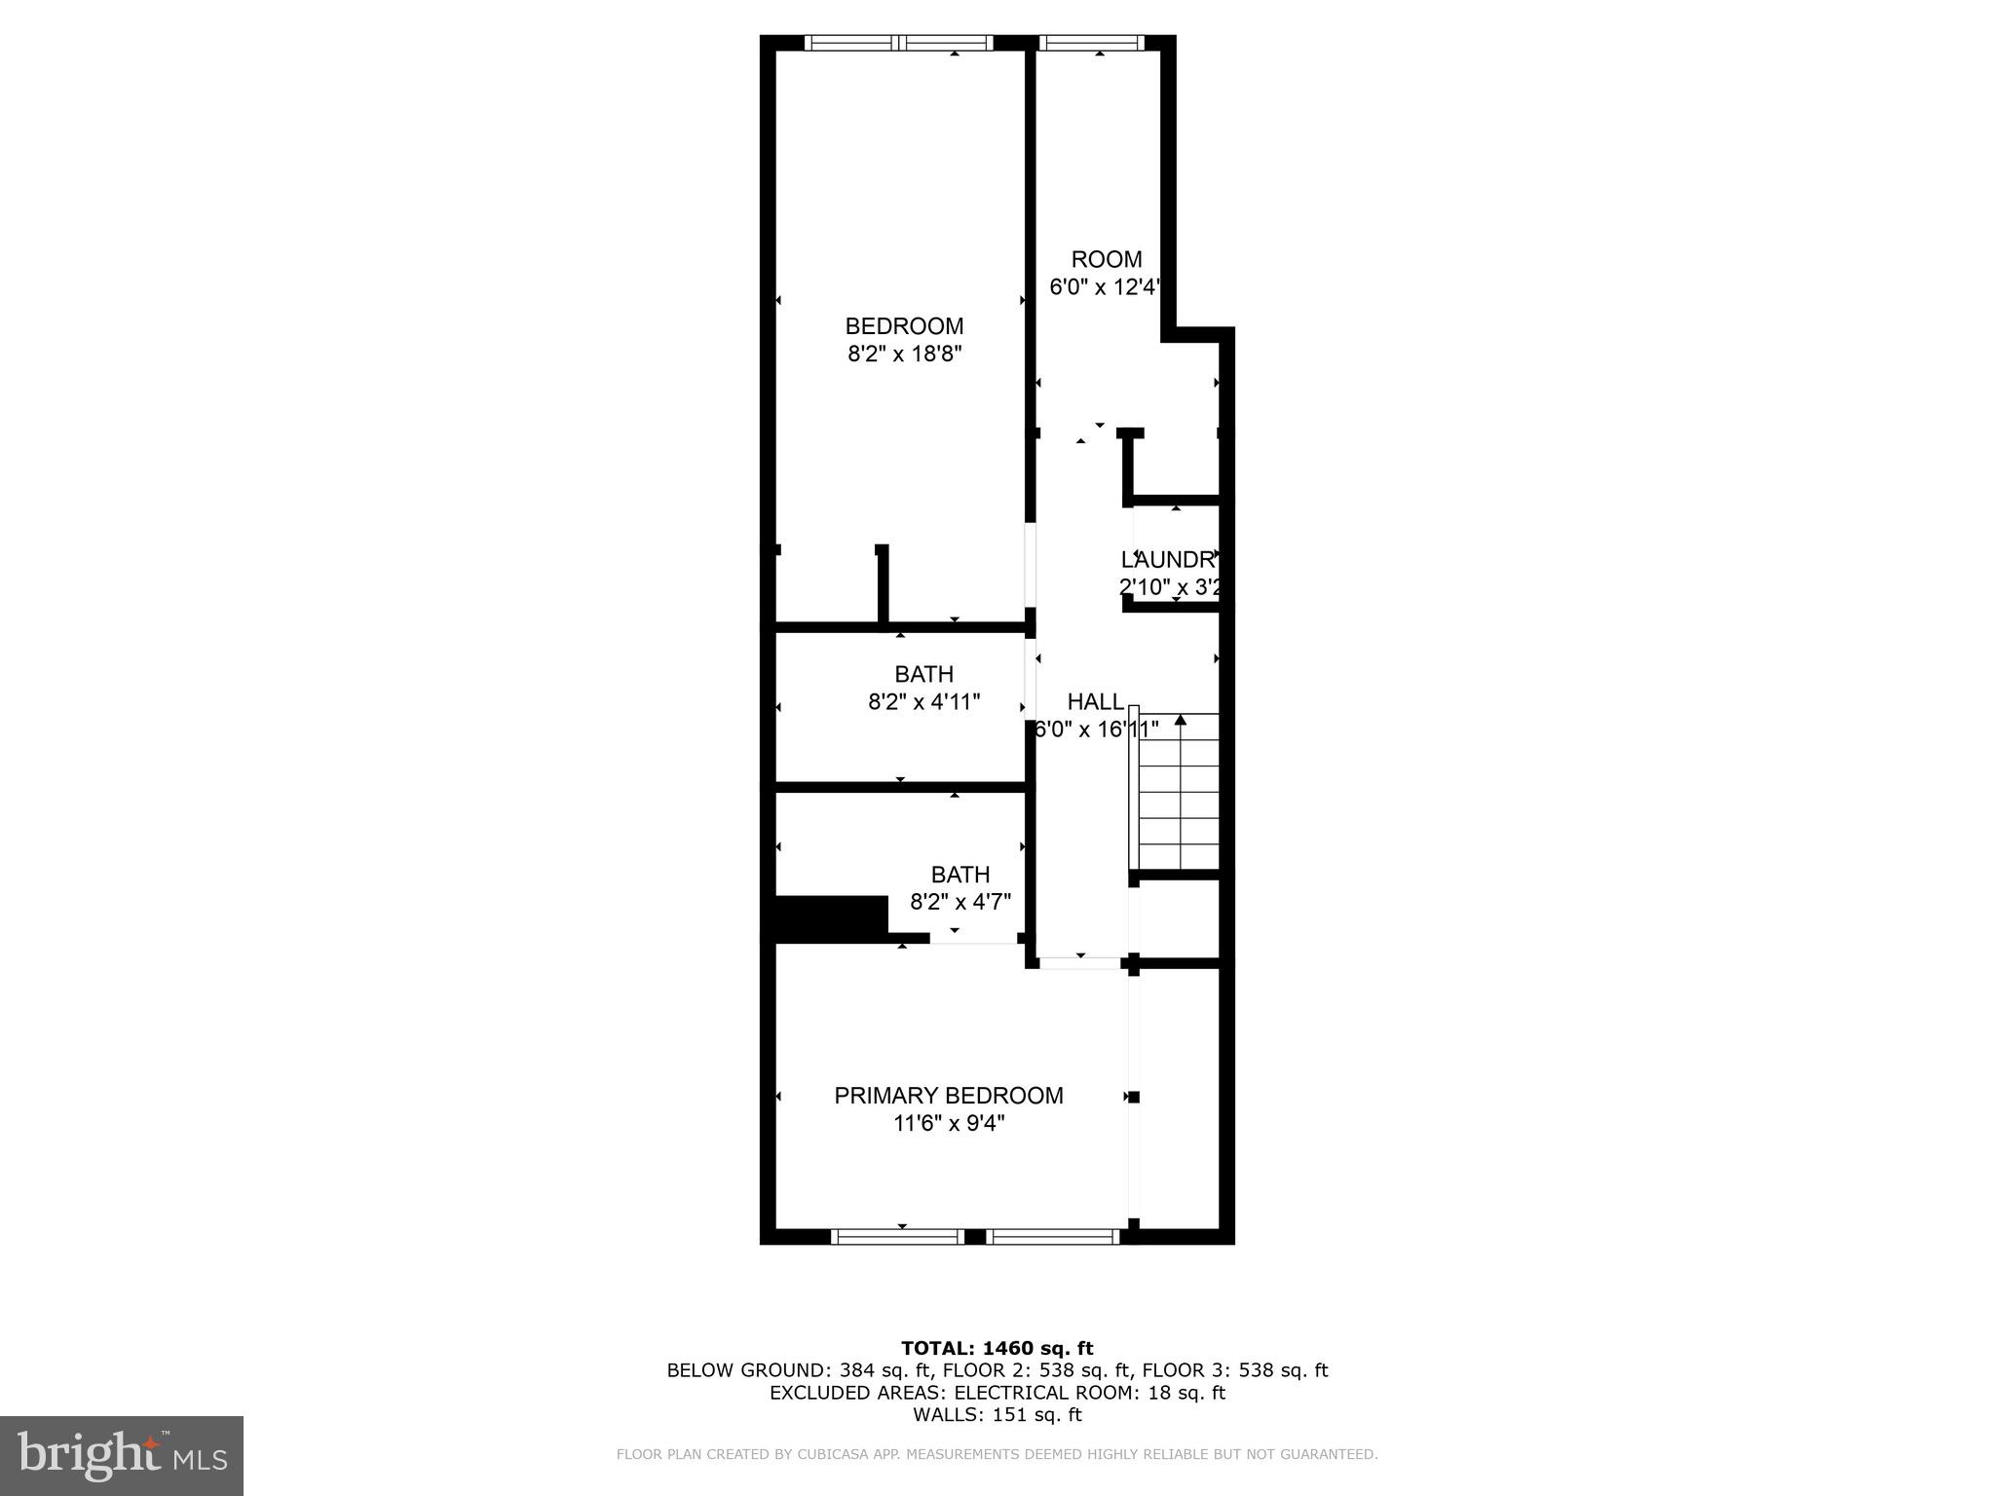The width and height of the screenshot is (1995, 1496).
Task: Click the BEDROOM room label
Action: pyautogui.click(x=904, y=326)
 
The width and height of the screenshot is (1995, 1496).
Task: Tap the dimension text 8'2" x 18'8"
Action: pyautogui.click(x=904, y=354)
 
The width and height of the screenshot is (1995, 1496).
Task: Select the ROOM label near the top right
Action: pyautogui.click(x=1106, y=259)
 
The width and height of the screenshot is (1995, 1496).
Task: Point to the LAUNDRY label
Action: pyautogui.click(x=1168, y=560)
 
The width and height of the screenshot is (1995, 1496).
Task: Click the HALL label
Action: pyautogui.click(x=1095, y=702)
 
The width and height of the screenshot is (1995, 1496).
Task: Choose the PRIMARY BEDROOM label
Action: pyautogui.click(x=948, y=1096)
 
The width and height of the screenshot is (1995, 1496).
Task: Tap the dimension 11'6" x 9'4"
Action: pyautogui.click(x=948, y=1124)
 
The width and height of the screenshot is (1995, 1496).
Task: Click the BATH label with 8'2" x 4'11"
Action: pyautogui.click(x=923, y=674)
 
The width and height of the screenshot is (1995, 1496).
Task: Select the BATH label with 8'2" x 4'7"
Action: pyautogui.click(x=960, y=875)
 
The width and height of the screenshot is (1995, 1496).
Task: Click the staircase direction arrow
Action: pyautogui.click(x=1181, y=721)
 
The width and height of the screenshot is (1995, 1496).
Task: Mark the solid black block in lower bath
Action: pyautogui.click(x=830, y=917)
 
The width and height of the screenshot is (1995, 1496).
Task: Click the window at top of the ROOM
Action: pyautogui.click(x=1090, y=43)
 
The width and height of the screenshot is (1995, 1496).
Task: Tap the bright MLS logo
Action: pyautogui.click(x=121, y=1456)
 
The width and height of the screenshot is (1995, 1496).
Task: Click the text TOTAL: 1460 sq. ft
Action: pyautogui.click(x=997, y=1349)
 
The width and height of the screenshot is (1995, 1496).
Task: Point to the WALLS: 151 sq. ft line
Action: pyautogui.click(x=997, y=1415)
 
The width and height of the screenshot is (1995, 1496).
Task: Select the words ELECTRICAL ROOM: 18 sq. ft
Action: pyautogui.click(x=1089, y=1393)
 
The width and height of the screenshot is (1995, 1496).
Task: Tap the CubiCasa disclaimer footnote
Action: pyautogui.click(x=997, y=1455)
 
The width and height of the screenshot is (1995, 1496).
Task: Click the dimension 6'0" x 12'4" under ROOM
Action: pyautogui.click(x=1105, y=287)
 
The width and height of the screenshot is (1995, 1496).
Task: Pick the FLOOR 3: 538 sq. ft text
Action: pyautogui.click(x=1234, y=1371)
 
